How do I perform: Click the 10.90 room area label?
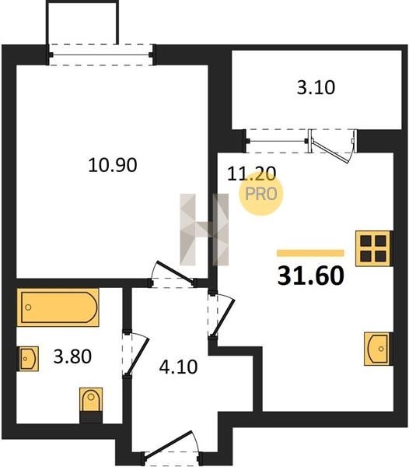(x=113, y=165)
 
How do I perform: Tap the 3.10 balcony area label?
(x=316, y=87)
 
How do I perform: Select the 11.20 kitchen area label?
(x=252, y=174)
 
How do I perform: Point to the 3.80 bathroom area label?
(x=72, y=356)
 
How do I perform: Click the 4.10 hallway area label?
(x=179, y=367)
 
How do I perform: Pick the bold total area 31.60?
(x=311, y=276)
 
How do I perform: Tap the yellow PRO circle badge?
(x=261, y=194)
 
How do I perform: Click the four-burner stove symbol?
(x=373, y=248)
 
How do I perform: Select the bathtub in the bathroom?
(x=58, y=307)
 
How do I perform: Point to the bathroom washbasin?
(x=28, y=359)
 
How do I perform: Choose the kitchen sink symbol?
(x=377, y=349)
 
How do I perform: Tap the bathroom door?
(x=135, y=355)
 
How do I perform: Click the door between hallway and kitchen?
(x=222, y=314)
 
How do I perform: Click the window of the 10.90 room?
(x=101, y=54)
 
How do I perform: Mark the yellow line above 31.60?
(x=310, y=253)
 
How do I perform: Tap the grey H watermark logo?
(x=204, y=230)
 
